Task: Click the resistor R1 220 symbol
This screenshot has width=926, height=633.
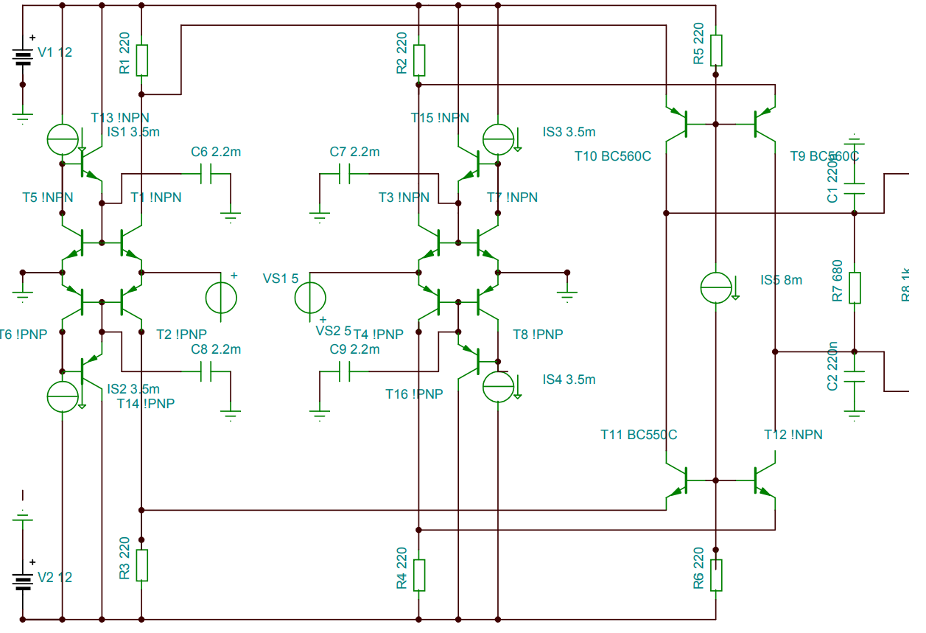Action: pyautogui.click(x=142, y=60)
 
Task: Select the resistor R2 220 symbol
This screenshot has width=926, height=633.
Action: pyautogui.click(x=419, y=60)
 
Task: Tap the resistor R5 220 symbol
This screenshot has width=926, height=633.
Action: pyautogui.click(x=716, y=50)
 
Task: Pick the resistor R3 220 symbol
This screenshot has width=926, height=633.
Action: pyautogui.click(x=142, y=564)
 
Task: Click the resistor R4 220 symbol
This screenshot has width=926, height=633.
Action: pyautogui.click(x=419, y=575)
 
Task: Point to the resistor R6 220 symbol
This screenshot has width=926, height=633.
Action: pyautogui.click(x=716, y=575)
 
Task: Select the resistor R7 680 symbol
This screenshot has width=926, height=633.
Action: pyautogui.click(x=855, y=288)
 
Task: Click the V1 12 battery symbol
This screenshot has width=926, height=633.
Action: pyautogui.click(x=23, y=57)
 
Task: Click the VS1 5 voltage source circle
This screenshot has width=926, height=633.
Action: pyautogui.click(x=310, y=298)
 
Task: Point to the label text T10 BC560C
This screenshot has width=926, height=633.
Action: pyautogui.click(x=613, y=156)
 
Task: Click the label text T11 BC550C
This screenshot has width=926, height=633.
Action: pyautogui.click(x=639, y=435)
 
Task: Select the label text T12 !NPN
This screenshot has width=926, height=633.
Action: pyautogui.click(x=793, y=435)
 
